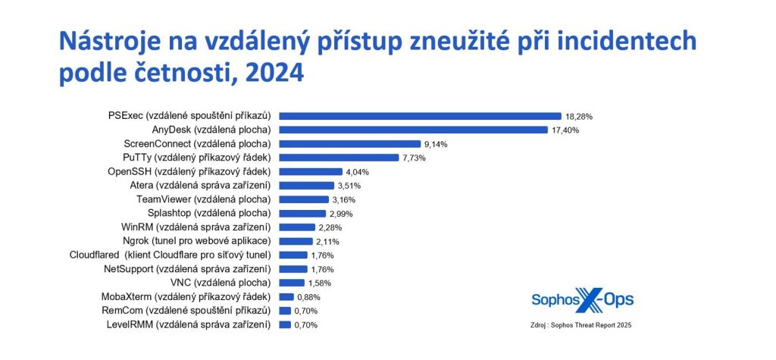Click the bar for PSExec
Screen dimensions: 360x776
tap(420, 116)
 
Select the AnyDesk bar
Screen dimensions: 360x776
tap(413, 130)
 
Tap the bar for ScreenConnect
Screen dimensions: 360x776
tap(349, 143)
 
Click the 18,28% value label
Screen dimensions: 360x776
tap(578, 117)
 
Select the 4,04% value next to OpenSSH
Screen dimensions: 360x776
tap(355, 172)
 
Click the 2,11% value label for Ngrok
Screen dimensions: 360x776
tap(316, 241)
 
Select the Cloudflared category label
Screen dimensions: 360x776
tap(171, 255)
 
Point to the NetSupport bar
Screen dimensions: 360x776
tap(293, 268)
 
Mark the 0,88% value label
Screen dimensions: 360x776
tap(306, 296)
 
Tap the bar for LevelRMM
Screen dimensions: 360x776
tap(285, 324)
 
